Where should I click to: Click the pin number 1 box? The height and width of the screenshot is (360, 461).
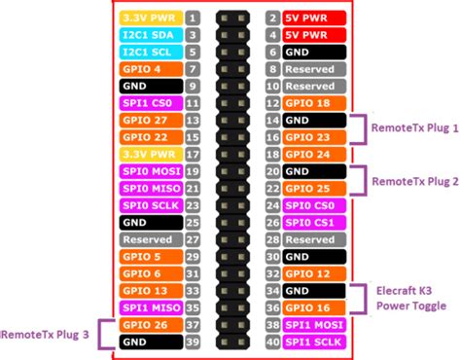click(194, 18)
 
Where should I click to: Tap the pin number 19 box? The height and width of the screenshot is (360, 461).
click(194, 171)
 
